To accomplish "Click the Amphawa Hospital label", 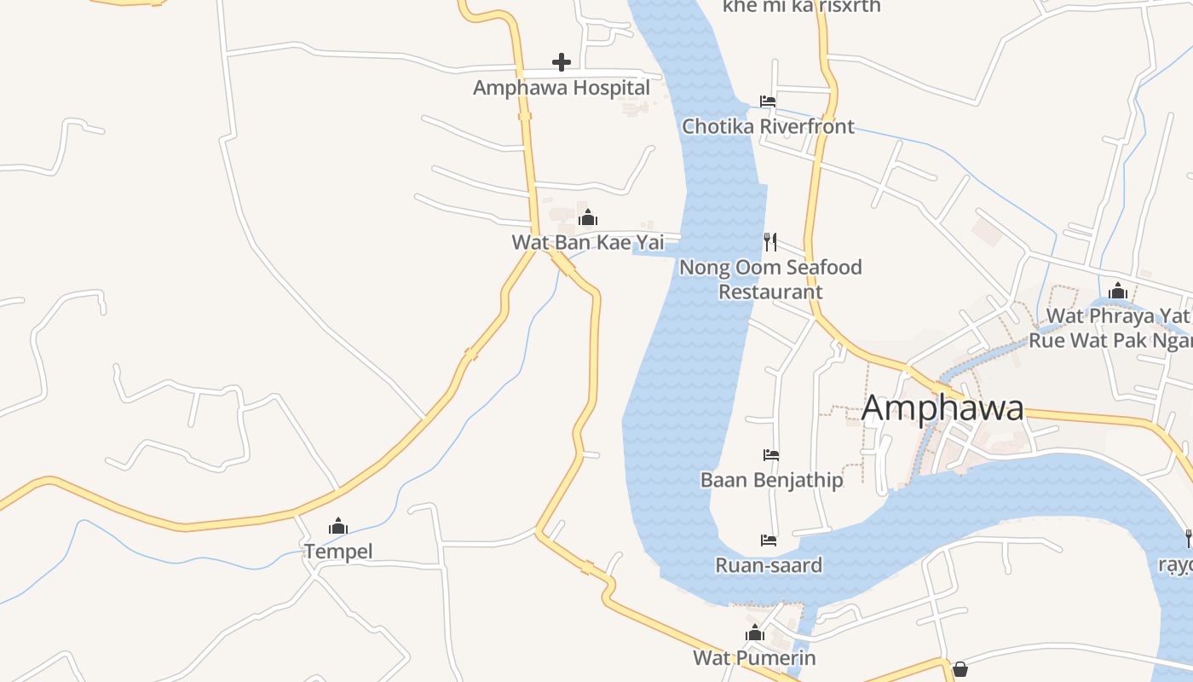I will [562, 88].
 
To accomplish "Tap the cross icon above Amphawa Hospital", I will [562, 61].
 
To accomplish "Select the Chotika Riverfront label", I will [768, 126].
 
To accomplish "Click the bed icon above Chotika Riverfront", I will [768, 101].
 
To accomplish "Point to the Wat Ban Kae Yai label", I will [588, 242].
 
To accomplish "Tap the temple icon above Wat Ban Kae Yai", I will [588, 217].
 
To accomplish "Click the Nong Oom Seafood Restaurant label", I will [770, 279].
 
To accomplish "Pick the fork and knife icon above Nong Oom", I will [770, 242].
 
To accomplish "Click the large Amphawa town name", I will [942, 407].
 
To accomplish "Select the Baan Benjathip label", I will [772, 480].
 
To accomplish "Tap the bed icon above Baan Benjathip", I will [771, 455].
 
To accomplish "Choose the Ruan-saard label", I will [769, 565].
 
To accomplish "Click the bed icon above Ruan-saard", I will [769, 540].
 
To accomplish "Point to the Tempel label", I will [338, 552].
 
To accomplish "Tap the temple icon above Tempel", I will [338, 526].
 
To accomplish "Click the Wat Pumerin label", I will [754, 658].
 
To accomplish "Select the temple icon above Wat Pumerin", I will [754, 633].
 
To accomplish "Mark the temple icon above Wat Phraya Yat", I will [1118, 291].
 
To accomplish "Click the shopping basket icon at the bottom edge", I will [960, 669].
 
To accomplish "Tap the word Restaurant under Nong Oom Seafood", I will [770, 292].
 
